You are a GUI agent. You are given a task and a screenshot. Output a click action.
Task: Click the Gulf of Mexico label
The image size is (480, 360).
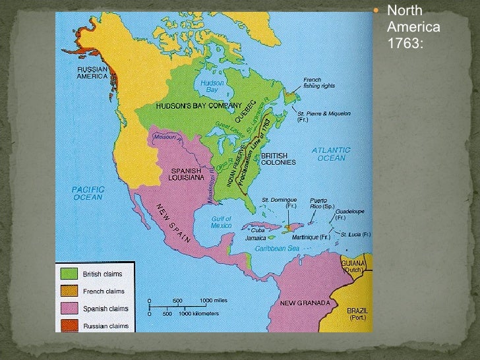(x=222, y=222)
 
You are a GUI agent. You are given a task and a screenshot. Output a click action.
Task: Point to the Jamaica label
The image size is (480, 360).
(x=256, y=238)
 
